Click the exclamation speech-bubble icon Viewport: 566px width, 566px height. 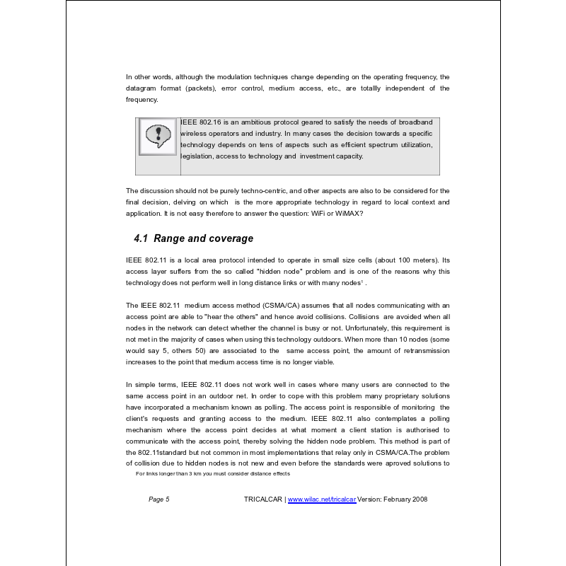pos(157,137)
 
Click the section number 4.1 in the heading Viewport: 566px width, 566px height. pos(141,238)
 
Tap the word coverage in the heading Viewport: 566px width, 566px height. pos(230,238)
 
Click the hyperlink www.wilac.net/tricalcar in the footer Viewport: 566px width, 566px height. pos(322,499)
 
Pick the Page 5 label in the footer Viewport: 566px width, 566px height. pos(159,499)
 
